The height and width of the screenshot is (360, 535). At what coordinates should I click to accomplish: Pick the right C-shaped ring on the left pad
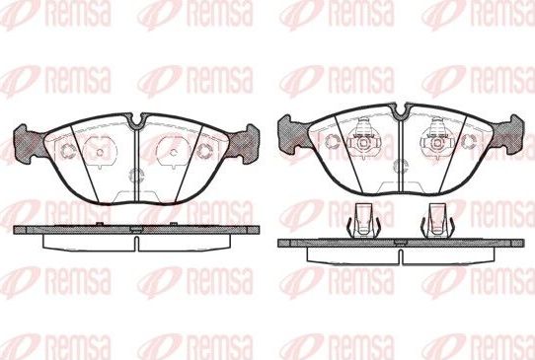click(x=204, y=150)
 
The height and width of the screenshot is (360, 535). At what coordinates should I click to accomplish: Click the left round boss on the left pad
click(x=96, y=152)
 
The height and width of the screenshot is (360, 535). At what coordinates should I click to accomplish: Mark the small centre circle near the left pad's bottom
click(x=135, y=177)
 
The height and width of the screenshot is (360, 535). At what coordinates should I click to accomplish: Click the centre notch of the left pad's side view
click(x=135, y=233)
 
